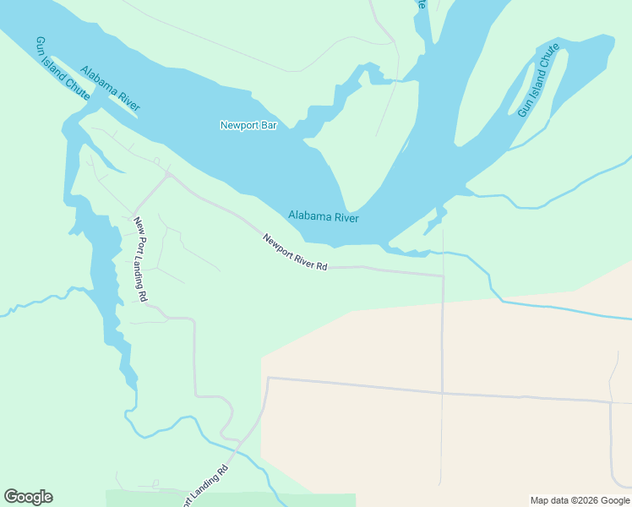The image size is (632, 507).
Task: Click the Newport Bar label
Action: tap(248, 126)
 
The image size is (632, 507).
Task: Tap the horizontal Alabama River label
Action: tap(323, 217)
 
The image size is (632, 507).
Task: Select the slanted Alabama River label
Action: tap(110, 88)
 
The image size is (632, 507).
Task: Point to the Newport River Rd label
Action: tap(295, 253)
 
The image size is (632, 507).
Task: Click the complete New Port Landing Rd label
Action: tap(140, 259)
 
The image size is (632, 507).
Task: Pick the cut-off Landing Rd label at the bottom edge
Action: tap(204, 485)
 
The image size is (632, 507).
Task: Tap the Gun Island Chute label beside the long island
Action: tap(538, 81)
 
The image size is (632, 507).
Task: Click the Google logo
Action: tap(28, 497)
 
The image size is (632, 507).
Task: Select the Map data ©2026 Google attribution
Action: tap(580, 500)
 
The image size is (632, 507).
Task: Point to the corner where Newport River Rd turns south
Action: tap(443, 275)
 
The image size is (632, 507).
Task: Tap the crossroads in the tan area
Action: tap(442, 393)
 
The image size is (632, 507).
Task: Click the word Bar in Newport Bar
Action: tap(269, 126)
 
